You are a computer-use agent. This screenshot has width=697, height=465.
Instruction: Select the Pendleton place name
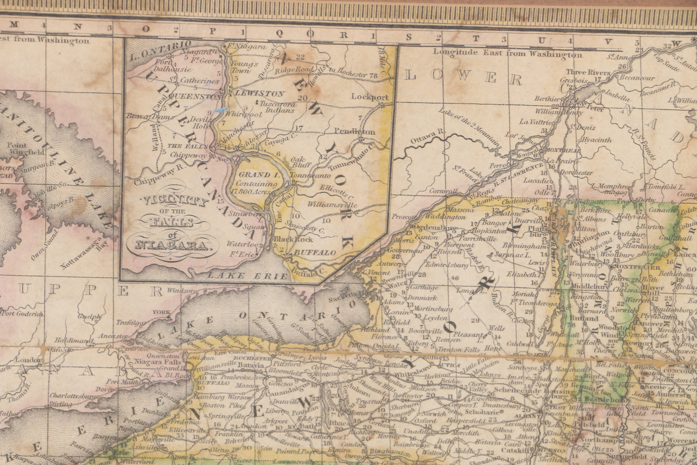(354, 132)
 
